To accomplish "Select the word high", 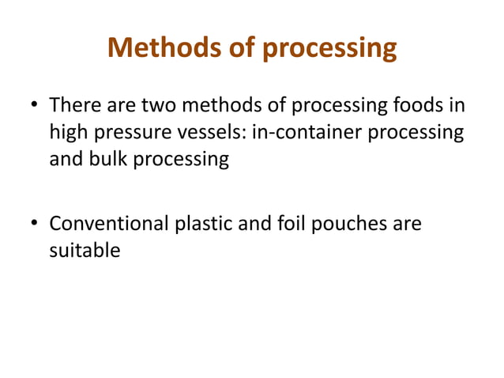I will tap(69, 132).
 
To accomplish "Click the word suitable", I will tap(85, 252).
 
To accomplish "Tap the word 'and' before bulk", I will tap(65, 159).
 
